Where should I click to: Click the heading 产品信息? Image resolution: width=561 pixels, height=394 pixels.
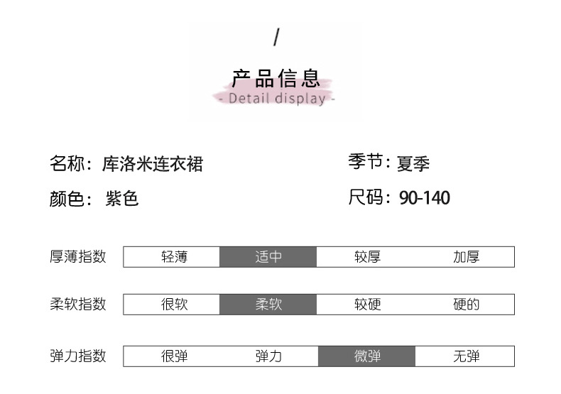click(x=276, y=78)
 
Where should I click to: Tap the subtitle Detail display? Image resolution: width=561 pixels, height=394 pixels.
click(x=276, y=99)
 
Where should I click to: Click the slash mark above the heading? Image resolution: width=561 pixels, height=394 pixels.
click(x=276, y=38)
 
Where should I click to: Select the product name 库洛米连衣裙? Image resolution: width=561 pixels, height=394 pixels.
click(x=153, y=164)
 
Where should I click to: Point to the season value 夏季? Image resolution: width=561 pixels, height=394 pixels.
click(x=413, y=164)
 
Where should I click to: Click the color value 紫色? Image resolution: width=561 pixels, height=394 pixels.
click(x=122, y=199)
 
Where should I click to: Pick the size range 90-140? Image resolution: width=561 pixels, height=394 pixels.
click(x=425, y=198)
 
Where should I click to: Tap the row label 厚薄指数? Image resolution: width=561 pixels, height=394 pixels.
click(x=78, y=256)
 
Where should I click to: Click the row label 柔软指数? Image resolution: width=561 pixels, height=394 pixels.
click(x=78, y=304)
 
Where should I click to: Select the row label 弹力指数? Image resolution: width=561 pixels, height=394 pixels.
click(x=78, y=356)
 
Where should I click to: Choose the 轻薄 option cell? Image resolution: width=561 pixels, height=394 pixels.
click(x=174, y=257)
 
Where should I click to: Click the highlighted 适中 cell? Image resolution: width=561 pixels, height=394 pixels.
click(x=268, y=257)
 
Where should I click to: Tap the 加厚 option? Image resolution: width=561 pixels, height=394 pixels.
click(x=467, y=257)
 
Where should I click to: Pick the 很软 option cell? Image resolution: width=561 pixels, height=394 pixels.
click(x=174, y=305)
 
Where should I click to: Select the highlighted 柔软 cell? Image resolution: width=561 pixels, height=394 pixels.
click(x=268, y=305)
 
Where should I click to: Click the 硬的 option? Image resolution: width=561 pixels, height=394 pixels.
click(x=467, y=305)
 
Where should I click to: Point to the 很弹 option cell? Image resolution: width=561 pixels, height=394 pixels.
click(x=174, y=356)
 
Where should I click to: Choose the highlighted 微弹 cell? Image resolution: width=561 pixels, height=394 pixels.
click(x=367, y=356)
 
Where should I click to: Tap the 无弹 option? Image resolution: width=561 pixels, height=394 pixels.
click(x=467, y=356)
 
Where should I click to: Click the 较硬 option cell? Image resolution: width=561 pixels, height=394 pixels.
click(x=367, y=305)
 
